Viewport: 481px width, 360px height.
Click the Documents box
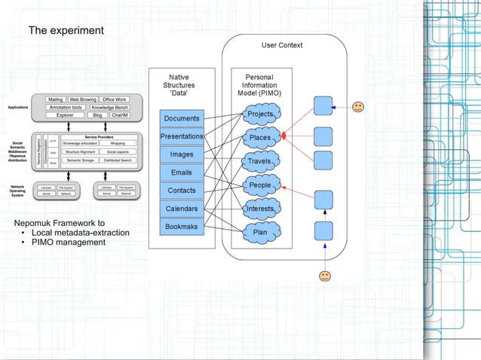(181, 118)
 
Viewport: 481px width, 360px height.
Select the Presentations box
(181, 136)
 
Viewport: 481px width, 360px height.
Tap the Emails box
(181, 172)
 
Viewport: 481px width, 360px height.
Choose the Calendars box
(181, 208)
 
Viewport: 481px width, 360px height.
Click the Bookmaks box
(181, 226)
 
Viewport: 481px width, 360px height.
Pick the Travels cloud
(259, 161)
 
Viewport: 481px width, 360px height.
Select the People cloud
(259, 185)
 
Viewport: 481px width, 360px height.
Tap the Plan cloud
(259, 233)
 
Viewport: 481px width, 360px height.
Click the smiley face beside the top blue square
(359, 106)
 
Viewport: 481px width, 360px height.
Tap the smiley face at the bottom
(324, 276)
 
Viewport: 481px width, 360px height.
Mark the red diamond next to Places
(284, 136)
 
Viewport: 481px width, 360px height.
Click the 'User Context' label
(281, 45)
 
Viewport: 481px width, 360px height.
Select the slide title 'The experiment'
(66, 31)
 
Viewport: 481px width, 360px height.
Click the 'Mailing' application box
(55, 99)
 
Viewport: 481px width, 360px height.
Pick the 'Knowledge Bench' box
(109, 108)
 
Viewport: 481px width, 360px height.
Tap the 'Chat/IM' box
(119, 116)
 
